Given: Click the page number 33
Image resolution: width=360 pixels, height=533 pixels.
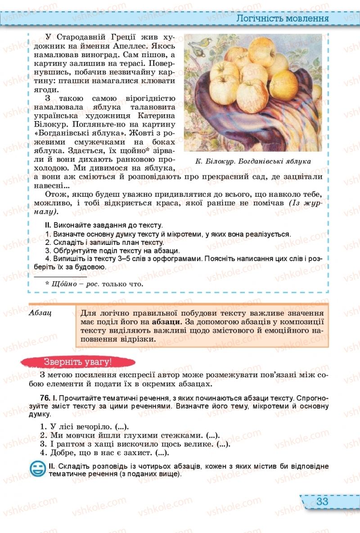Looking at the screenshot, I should pyautogui.click(x=322, y=501).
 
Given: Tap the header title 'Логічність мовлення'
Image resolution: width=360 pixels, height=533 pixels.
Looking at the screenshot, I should pyautogui.click(x=283, y=18).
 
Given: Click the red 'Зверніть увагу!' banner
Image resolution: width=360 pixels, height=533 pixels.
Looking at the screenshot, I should pyautogui.click(x=77, y=361).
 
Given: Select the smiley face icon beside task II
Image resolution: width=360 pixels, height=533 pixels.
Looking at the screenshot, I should pyautogui.click(x=37, y=469).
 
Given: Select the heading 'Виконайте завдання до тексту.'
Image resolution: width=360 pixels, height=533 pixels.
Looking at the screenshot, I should pyautogui.click(x=108, y=225).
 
